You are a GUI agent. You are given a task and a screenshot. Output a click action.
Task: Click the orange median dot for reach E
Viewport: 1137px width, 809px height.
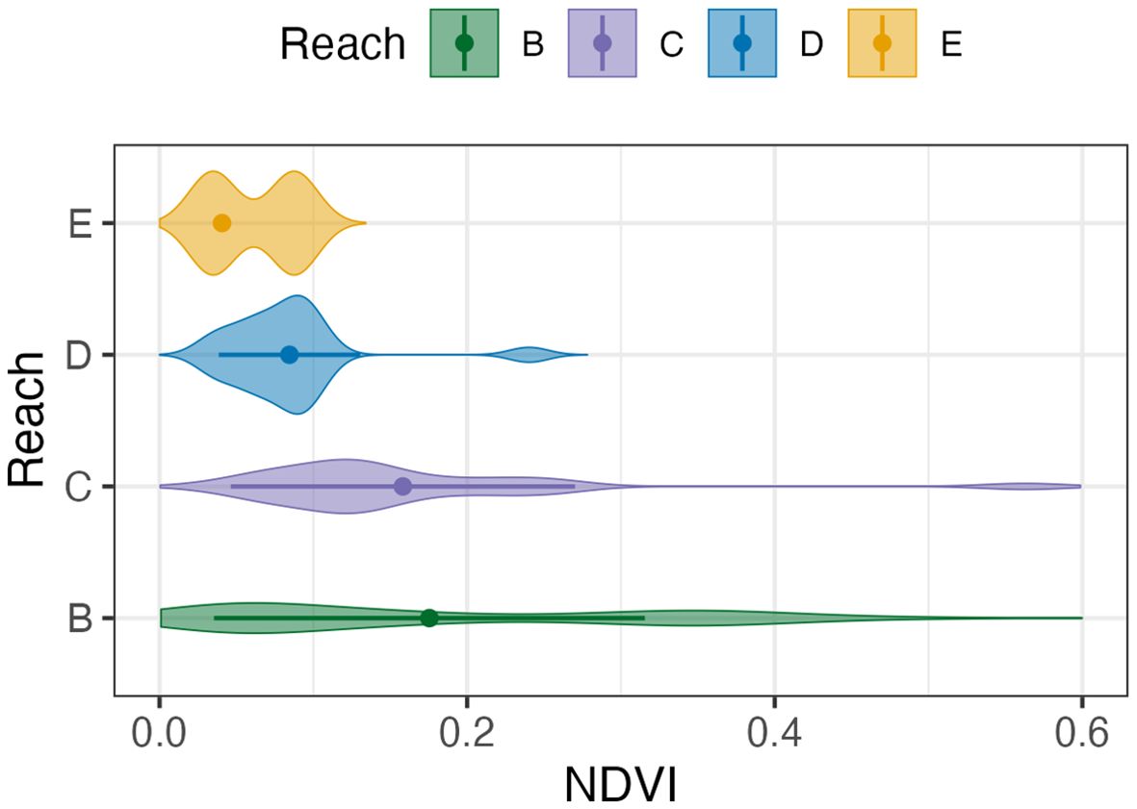pos(221,223)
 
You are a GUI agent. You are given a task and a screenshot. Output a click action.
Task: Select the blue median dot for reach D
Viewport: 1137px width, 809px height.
pos(289,355)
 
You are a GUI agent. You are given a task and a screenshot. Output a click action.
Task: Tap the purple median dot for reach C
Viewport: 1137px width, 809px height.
pos(402,487)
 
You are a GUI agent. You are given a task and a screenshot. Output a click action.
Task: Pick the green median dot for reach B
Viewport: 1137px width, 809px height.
pos(429,618)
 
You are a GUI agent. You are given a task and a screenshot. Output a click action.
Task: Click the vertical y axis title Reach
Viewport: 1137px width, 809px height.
pos(29,419)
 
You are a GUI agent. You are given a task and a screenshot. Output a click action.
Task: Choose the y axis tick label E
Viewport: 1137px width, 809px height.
pos(80,224)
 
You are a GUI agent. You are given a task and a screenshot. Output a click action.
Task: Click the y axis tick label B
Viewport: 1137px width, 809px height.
pos(80,619)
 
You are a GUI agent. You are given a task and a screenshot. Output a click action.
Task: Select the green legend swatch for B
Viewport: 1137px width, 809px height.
pos(464,43)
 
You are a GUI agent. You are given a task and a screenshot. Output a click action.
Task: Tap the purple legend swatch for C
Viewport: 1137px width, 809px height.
pos(603,43)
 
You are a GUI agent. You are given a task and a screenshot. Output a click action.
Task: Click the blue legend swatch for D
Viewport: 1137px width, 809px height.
pos(741,43)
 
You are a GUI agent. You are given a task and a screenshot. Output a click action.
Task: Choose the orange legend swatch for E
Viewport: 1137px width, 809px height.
pos(881,43)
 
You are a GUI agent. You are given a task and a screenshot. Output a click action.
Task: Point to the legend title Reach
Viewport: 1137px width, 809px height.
pos(343,44)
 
